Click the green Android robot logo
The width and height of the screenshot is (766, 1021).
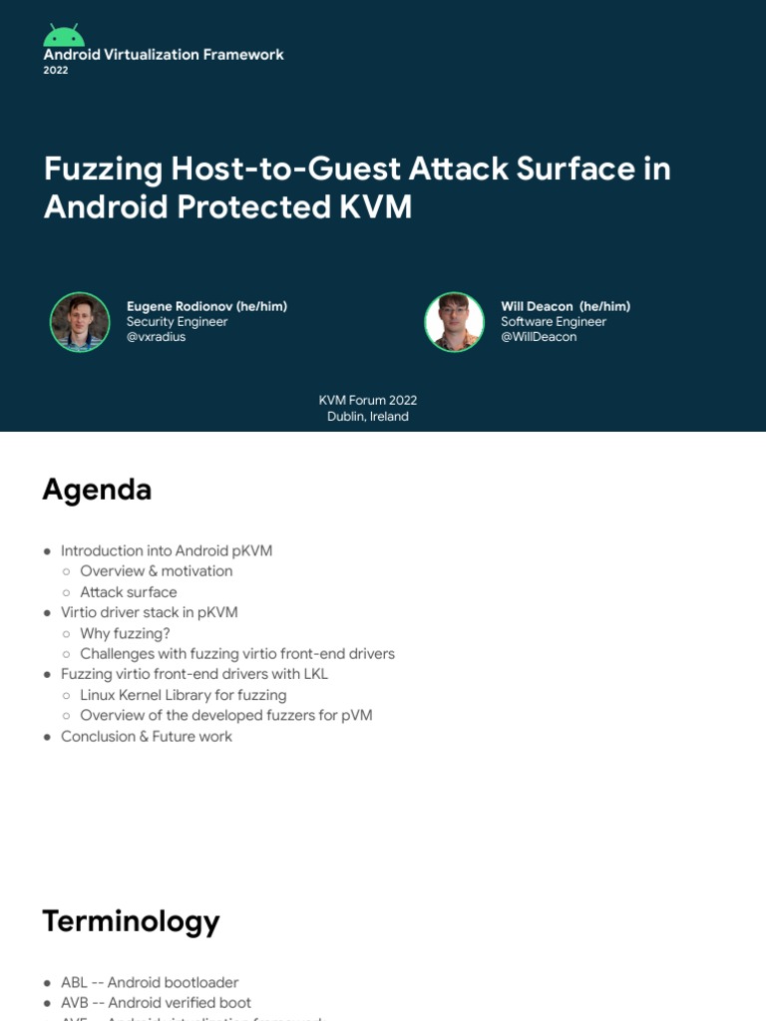64,35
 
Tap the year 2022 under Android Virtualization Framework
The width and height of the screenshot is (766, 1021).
56,71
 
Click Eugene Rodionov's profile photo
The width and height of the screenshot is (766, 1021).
80,322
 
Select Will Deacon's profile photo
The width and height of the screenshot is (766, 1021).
454,322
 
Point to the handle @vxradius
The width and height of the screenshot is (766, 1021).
156,337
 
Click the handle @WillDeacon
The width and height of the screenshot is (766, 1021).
539,337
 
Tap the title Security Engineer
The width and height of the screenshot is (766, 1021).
177,322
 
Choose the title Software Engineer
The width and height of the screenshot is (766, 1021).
554,322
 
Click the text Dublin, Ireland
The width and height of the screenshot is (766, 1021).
368,417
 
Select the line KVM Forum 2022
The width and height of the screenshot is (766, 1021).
368,401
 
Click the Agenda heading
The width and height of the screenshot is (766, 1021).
97,490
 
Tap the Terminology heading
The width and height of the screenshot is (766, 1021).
131,920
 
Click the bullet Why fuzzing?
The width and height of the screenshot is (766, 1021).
125,633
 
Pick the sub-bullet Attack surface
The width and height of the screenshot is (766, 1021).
128,592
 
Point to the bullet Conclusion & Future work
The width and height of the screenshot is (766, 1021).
146,737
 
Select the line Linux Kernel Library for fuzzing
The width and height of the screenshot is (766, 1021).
183,695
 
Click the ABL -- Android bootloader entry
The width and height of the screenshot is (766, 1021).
150,983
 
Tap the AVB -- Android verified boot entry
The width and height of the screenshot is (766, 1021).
156,1003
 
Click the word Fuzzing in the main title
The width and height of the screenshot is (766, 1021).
103,170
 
